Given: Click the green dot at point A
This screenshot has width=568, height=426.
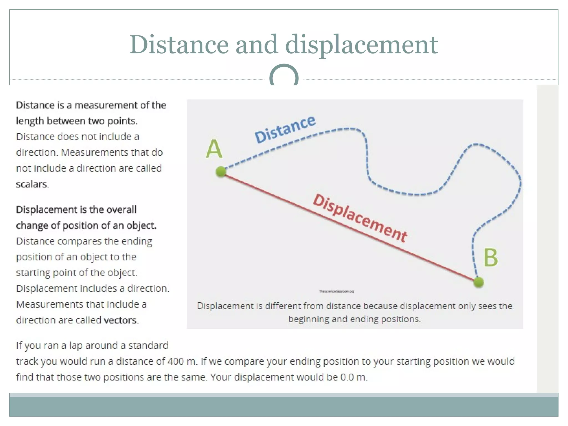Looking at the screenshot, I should pos(221,172).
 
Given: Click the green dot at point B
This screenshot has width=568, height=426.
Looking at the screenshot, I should pos(478,282).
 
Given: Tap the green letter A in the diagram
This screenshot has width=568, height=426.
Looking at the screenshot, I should pos(214,149).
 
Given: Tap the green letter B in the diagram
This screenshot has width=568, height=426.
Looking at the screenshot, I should pos(491,258).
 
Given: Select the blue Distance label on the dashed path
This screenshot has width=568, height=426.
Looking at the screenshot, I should pos(285,130).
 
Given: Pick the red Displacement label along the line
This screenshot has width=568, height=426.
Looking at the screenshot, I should pos(360,218).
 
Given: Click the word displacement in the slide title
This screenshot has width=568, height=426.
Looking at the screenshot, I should pos(361,45).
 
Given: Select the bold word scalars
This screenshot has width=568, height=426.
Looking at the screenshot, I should pos(32,184).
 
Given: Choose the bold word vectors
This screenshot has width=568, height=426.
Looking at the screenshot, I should pos(120,320).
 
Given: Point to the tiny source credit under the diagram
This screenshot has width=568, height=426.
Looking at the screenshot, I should pos(336,291).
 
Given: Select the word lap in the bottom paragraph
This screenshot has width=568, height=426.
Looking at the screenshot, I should pos(75,346).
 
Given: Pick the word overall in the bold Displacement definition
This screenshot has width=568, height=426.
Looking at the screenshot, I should pos(121,210).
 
